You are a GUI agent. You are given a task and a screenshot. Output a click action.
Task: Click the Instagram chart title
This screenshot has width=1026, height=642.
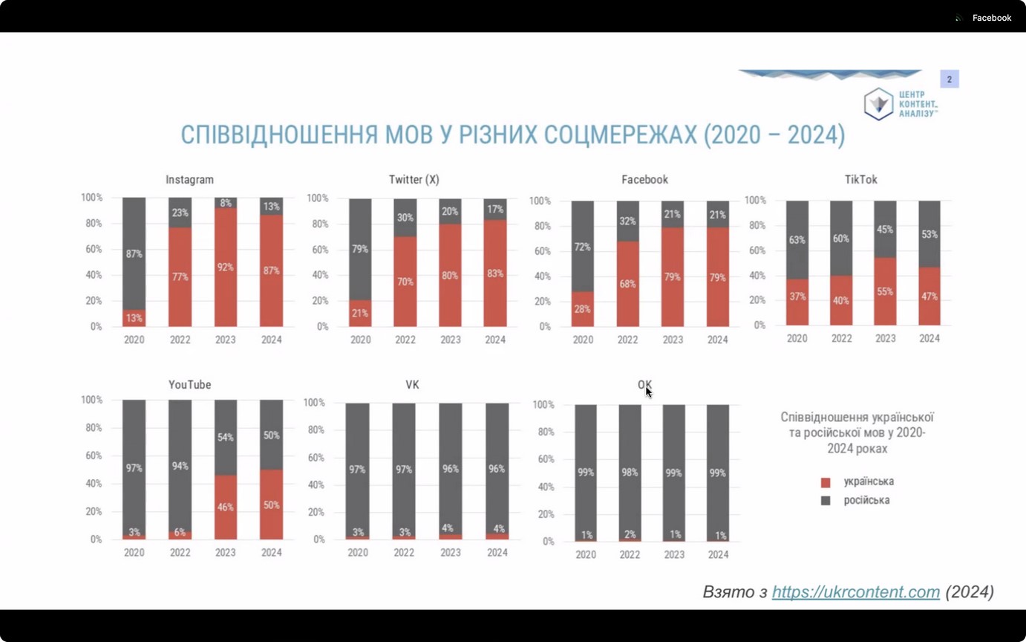[189, 180]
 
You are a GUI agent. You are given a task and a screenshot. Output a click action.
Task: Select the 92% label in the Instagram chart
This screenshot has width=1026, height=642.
[226, 267]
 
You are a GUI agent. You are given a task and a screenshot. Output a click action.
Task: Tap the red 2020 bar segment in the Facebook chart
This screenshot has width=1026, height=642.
[583, 309]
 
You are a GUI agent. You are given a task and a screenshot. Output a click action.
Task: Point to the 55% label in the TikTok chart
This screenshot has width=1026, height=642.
[885, 292]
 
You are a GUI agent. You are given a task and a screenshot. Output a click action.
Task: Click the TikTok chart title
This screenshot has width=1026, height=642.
[860, 180]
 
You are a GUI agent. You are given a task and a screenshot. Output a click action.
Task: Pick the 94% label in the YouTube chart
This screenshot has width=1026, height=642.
[180, 466]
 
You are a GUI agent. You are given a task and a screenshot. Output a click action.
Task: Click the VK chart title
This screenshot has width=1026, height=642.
[412, 385]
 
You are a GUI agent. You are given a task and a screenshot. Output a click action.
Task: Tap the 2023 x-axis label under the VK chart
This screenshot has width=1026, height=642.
[451, 553]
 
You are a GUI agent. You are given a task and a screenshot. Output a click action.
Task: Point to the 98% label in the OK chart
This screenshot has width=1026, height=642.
[630, 473]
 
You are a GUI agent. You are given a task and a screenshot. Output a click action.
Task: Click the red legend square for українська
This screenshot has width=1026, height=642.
[826, 482]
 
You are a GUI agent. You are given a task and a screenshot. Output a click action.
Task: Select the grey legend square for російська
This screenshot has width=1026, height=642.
[826, 501]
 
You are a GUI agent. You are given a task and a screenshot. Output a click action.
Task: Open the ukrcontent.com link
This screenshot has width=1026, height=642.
[855, 592]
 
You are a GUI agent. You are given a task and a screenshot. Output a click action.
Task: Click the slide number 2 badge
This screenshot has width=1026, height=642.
[949, 80]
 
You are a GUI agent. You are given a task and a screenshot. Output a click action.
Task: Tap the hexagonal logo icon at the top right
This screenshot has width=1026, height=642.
[878, 104]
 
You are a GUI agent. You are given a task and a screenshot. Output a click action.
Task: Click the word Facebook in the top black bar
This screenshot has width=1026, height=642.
[991, 18]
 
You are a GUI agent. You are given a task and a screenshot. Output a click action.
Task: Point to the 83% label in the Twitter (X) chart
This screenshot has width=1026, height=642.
[495, 273]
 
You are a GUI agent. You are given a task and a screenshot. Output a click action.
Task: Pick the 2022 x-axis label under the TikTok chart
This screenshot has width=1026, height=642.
[841, 338]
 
